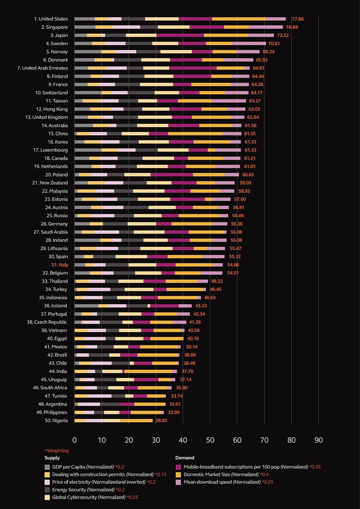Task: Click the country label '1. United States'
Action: point(51,19)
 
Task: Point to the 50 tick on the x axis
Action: point(210,440)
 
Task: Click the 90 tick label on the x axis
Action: point(318,440)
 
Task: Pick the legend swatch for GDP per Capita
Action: point(47,467)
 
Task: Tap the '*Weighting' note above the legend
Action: point(57,451)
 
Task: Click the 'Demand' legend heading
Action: point(185,458)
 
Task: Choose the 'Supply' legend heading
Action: point(52,458)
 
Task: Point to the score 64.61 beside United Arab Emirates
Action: point(261,68)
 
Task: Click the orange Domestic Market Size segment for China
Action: point(195,133)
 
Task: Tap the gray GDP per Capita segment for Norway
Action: point(88,51)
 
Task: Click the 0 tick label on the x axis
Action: point(75,440)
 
